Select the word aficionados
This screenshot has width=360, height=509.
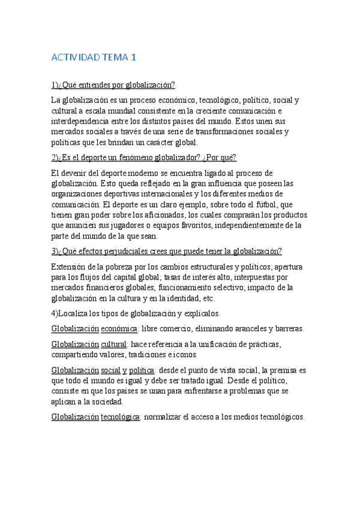[x=151, y=215]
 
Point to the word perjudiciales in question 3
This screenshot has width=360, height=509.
[x=122, y=251]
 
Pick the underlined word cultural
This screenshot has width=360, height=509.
[x=113, y=344]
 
